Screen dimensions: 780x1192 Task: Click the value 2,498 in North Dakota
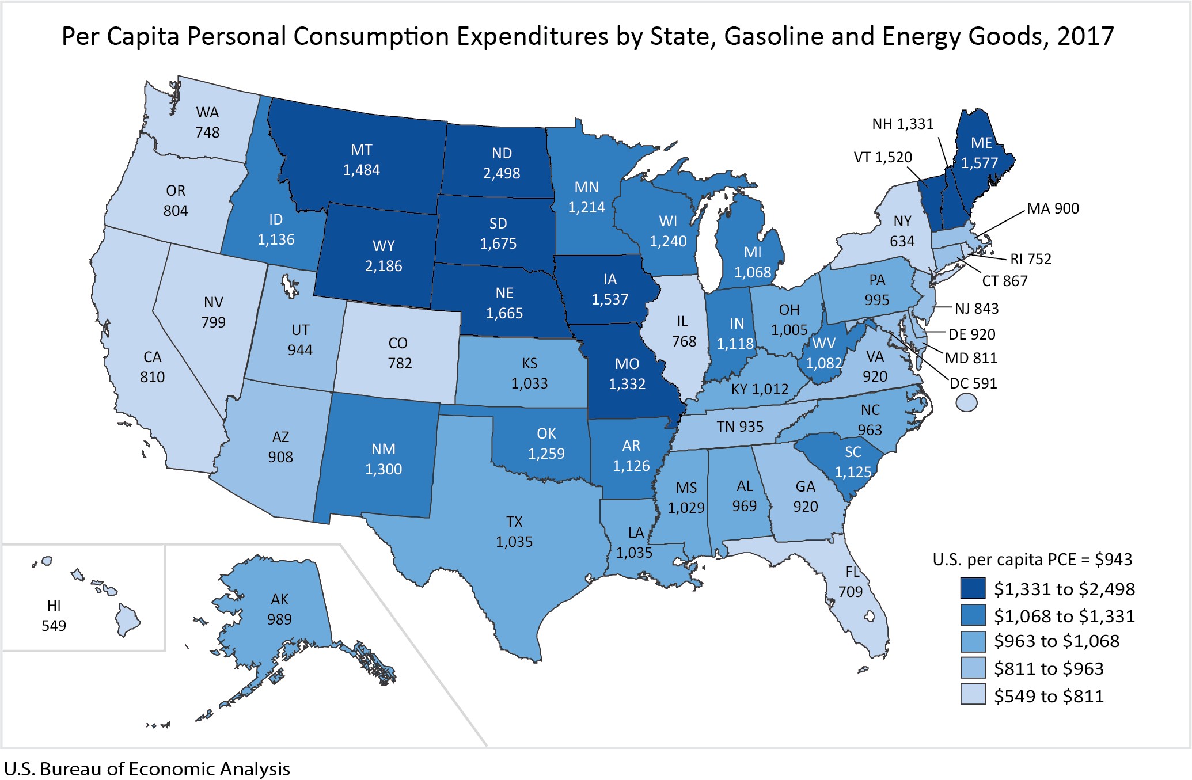501,173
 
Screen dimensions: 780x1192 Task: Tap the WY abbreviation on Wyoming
384,246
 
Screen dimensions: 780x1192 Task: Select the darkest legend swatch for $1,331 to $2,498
973,588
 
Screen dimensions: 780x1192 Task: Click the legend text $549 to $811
1049,696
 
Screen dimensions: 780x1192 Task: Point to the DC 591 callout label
973,383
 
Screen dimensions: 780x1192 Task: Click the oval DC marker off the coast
966,402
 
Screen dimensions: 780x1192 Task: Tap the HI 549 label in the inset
54,615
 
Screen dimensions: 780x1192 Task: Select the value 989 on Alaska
279,619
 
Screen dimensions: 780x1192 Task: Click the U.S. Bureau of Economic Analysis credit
147,768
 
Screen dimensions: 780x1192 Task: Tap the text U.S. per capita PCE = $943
1032,560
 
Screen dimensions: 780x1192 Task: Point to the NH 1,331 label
902,124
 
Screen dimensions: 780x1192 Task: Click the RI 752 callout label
1031,259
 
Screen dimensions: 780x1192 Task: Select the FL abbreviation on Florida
853,572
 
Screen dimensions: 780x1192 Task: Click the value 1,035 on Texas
514,542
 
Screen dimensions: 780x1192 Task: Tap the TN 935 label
740,427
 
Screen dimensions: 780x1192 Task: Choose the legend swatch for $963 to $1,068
973,641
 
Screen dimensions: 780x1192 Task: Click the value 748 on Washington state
207,132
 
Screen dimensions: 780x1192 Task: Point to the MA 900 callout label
1053,208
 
